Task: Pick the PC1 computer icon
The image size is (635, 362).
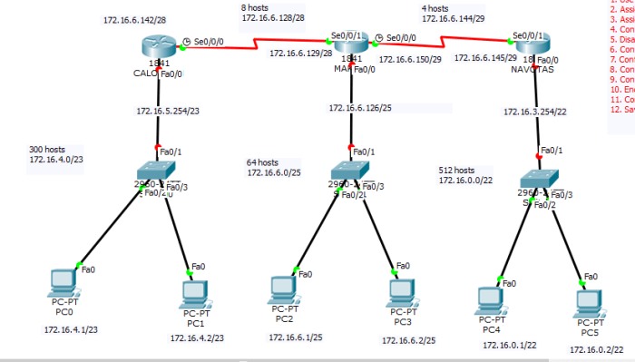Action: click(x=193, y=292)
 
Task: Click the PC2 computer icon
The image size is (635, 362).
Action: click(x=284, y=289)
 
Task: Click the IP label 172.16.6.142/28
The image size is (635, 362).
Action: click(x=134, y=18)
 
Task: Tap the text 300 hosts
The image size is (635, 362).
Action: click(x=48, y=148)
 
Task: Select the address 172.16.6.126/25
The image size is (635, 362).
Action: click(x=359, y=107)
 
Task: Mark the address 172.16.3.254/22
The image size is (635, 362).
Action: click(x=535, y=113)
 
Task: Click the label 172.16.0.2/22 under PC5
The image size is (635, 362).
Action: click(x=596, y=349)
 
